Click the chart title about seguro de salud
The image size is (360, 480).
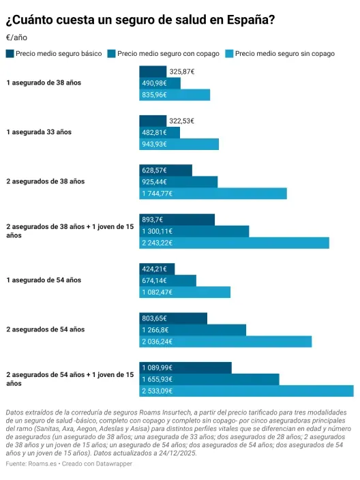[x=140, y=20]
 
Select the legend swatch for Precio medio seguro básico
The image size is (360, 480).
[x=10, y=53]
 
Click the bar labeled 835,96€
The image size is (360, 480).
[x=175, y=95]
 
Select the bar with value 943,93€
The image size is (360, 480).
[x=179, y=144]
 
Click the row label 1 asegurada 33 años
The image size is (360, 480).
[x=39, y=132]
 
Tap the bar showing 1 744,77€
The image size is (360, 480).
[x=213, y=194]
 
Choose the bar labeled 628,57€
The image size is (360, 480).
[x=166, y=170]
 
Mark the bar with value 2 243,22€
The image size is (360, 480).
[x=234, y=243]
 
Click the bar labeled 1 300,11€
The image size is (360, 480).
[x=194, y=231]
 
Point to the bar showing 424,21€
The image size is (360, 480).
[x=157, y=269]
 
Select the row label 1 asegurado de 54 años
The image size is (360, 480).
[x=44, y=280]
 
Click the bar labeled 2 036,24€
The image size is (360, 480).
[x=225, y=342]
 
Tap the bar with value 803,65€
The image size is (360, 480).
[x=173, y=318]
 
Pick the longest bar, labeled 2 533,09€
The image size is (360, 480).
[x=246, y=391]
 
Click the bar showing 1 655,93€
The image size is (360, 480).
[x=209, y=379]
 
